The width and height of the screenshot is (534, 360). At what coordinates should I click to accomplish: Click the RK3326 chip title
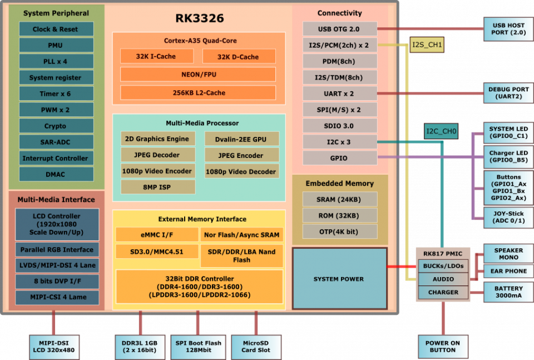click(x=200, y=18)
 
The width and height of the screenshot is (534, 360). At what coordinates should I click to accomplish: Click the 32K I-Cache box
click(x=157, y=56)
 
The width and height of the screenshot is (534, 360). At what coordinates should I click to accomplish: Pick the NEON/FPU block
click(x=198, y=74)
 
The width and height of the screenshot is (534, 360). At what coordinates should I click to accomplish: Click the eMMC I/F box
click(x=157, y=235)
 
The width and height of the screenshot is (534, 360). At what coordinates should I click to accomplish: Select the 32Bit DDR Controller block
click(x=200, y=287)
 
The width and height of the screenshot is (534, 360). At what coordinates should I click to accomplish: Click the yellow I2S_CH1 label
click(x=427, y=45)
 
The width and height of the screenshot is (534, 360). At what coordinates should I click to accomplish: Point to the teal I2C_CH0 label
click(x=441, y=131)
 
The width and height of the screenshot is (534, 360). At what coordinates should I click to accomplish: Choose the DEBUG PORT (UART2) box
click(x=509, y=93)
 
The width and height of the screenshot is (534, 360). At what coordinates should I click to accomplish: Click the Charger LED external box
click(x=509, y=157)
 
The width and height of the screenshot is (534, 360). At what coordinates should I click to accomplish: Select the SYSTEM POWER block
click(x=340, y=279)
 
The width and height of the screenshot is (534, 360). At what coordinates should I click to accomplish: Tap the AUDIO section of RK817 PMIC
click(x=443, y=279)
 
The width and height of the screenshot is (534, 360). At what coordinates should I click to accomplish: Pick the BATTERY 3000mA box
click(x=509, y=292)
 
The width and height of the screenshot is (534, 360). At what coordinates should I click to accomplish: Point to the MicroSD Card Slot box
click(x=256, y=347)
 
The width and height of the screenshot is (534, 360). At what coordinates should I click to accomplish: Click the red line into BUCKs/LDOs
click(x=402, y=267)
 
